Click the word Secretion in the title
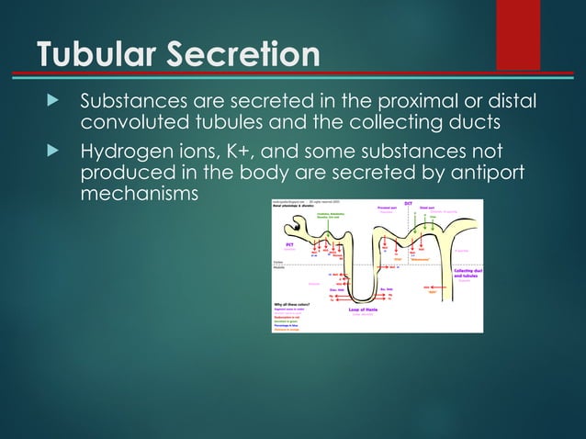(x=246, y=54)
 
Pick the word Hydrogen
(x=127, y=150)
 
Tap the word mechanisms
(x=138, y=196)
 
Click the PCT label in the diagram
(x=290, y=245)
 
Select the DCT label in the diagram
(x=407, y=203)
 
